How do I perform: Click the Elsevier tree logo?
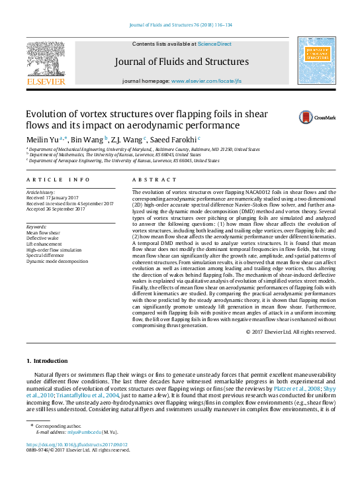click(46, 60)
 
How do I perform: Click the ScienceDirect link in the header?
click(214, 44)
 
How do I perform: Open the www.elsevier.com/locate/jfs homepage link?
click(206, 81)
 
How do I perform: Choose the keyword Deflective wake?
click(43, 238)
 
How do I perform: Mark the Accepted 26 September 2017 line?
click(56, 209)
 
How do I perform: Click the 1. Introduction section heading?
click(47, 361)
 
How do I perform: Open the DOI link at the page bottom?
click(77, 444)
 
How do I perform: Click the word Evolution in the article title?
click(46, 114)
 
